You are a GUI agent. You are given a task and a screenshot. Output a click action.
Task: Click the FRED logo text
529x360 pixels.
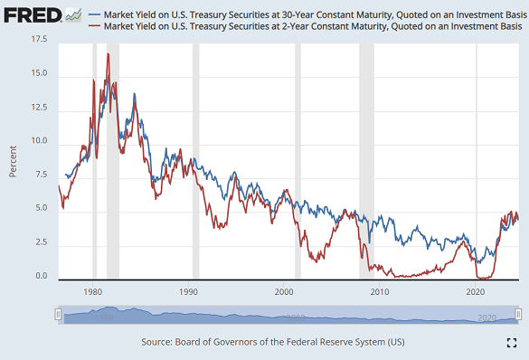coord(31,16)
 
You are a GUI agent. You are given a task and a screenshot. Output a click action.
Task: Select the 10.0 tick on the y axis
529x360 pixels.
coord(40,143)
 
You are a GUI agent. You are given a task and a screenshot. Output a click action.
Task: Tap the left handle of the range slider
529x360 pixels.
coord(58,315)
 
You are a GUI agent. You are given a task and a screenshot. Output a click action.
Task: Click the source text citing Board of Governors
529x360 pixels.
coord(273,343)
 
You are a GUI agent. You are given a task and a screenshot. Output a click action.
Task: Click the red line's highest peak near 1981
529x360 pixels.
coord(109,54)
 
